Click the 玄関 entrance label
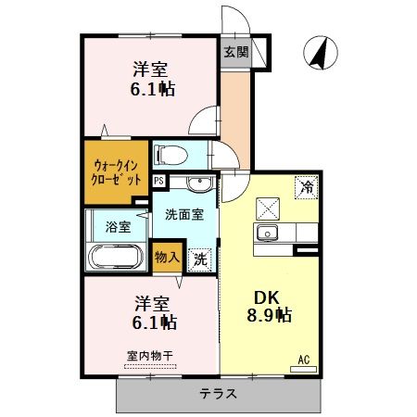[x=234, y=53]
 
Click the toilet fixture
[x=173, y=153]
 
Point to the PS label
[x=158, y=182]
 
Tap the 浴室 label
[x=116, y=225]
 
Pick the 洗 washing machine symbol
[x=199, y=259]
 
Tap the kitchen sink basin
[x=269, y=232]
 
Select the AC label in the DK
[x=302, y=359]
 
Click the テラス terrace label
[x=217, y=393]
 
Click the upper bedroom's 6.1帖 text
[x=152, y=89]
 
